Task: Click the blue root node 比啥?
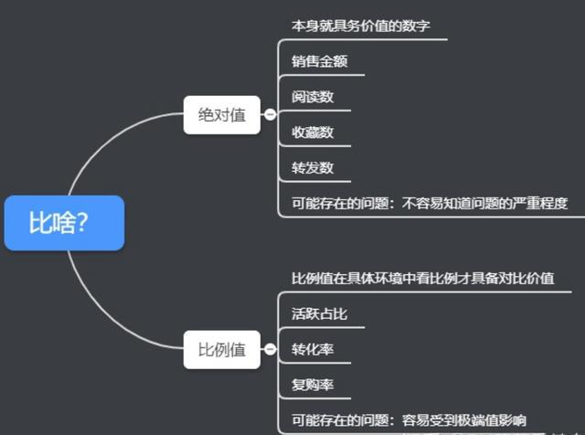click(64, 223)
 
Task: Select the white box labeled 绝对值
click(222, 115)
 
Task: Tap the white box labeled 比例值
click(222, 350)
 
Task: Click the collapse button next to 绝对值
click(271, 114)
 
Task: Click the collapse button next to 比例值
click(271, 349)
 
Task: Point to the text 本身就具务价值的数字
click(361, 26)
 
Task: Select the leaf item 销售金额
click(319, 61)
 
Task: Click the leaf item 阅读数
click(313, 97)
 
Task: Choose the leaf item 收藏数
click(313, 133)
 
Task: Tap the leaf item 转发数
click(313, 167)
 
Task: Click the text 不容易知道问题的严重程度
click(485, 203)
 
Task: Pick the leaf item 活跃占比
click(319, 313)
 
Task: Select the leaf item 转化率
click(313, 349)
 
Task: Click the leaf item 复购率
click(313, 385)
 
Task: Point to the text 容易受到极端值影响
click(464, 420)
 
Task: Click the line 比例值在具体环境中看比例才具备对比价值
click(422, 279)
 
